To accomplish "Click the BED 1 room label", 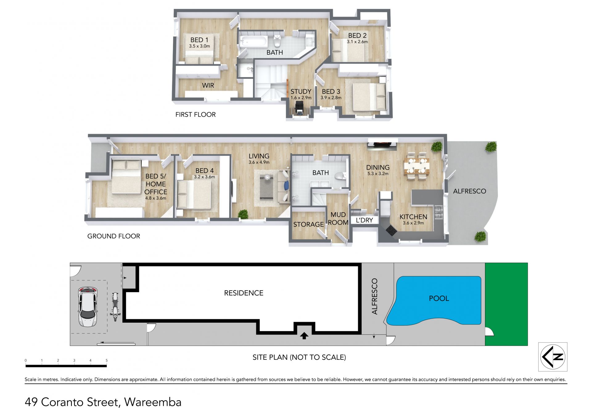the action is click(x=199, y=40).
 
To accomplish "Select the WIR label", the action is click(x=208, y=86).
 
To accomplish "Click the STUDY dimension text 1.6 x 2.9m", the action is click(x=301, y=98).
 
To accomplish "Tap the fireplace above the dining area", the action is click(x=382, y=144).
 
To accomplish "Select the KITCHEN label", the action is click(x=413, y=217).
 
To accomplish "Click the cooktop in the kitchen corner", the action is click(x=391, y=231).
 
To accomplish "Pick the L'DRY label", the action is click(x=364, y=220).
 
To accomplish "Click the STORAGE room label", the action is click(x=308, y=224).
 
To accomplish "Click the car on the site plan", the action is click(x=88, y=307).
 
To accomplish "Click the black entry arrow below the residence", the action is click(x=304, y=336).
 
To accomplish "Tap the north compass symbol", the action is click(x=553, y=357).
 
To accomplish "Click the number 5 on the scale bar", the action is click(x=107, y=360).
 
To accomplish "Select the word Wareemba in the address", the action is click(x=153, y=402).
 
